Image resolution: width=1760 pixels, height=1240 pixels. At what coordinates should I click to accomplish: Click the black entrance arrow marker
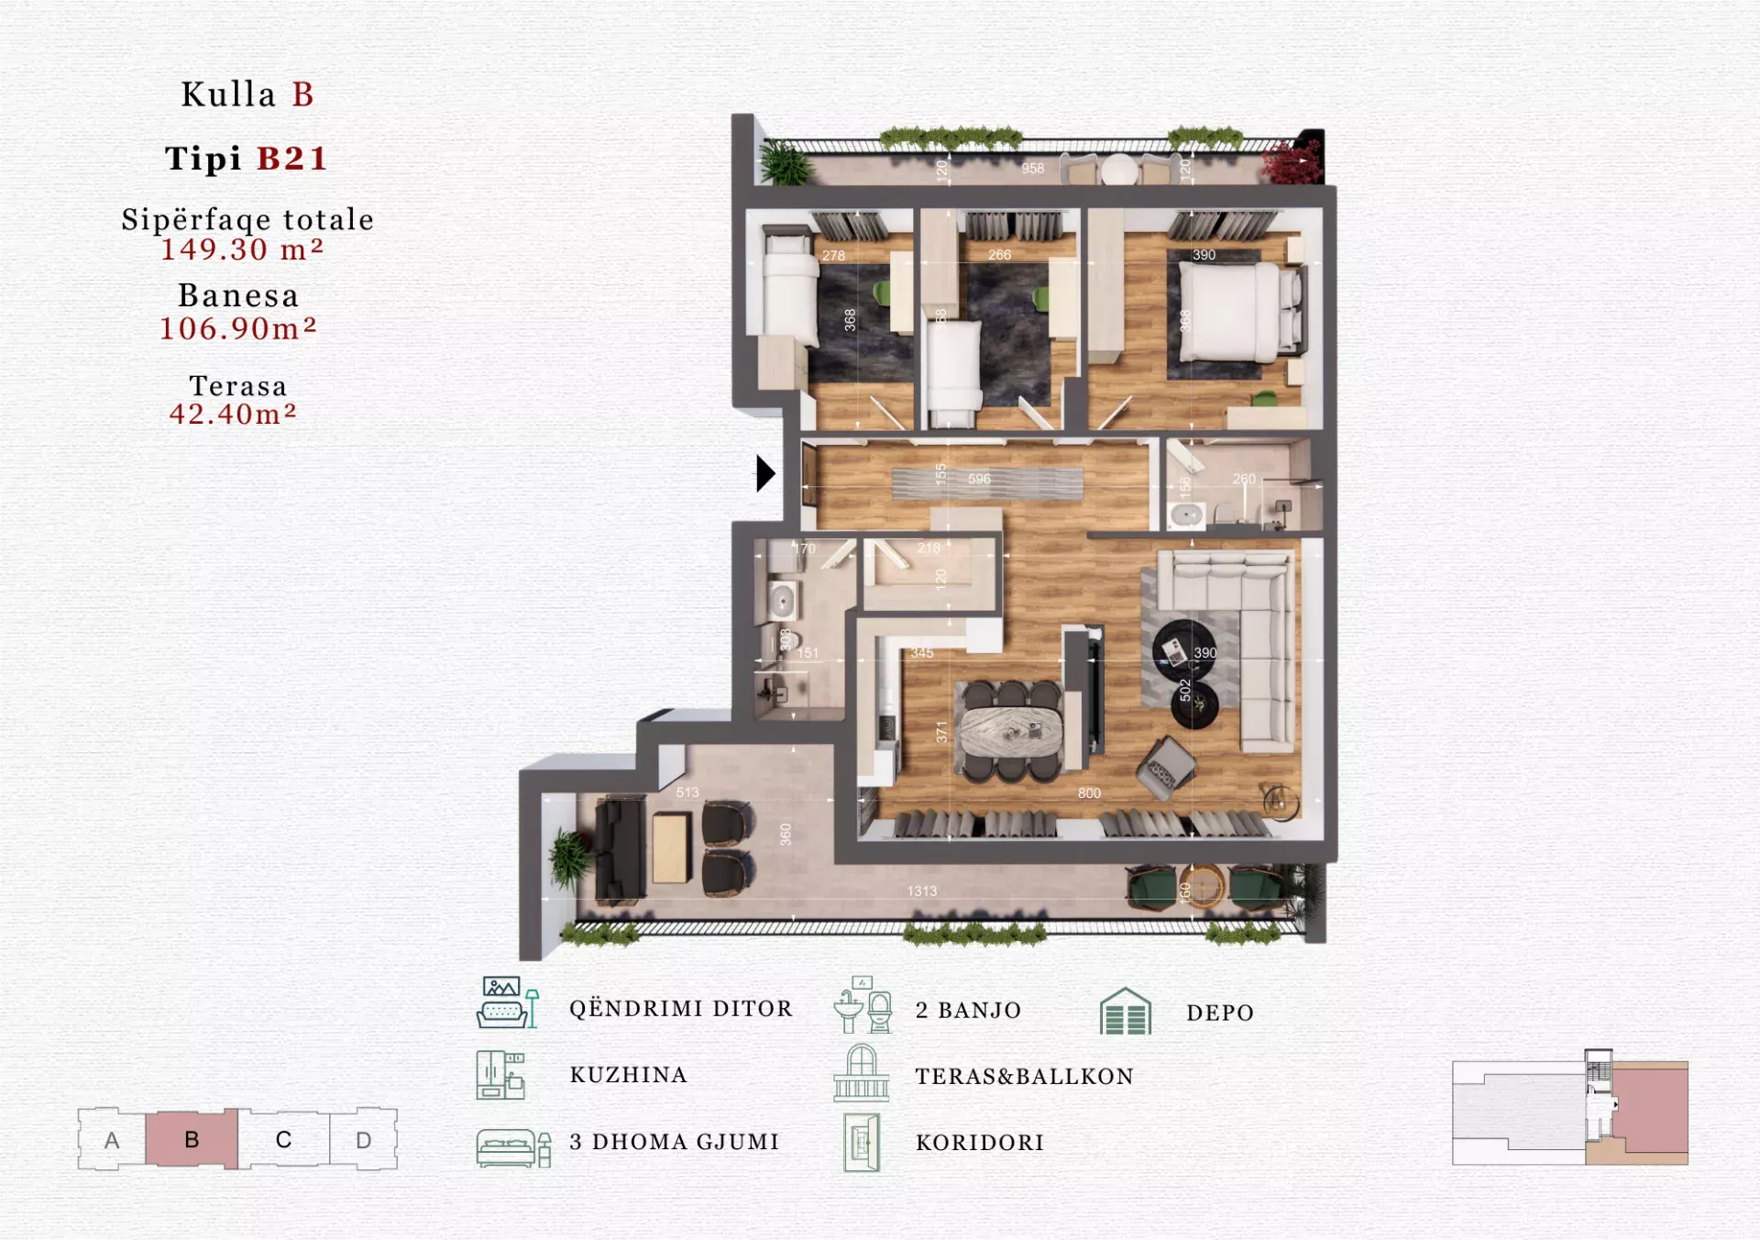(x=765, y=473)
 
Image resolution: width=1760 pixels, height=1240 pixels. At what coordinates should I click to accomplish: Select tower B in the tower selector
(x=192, y=1139)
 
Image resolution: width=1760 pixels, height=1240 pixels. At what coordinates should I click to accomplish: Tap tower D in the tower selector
(x=363, y=1140)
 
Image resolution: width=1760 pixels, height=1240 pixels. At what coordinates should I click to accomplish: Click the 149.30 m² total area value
(x=242, y=249)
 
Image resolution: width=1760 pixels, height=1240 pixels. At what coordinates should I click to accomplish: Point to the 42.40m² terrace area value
(x=233, y=415)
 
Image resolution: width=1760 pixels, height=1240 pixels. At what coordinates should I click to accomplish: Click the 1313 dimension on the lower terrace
(x=922, y=891)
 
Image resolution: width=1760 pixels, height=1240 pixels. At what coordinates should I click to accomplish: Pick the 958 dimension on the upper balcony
(x=1033, y=169)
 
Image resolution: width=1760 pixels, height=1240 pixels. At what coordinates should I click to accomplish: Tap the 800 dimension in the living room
(x=1089, y=793)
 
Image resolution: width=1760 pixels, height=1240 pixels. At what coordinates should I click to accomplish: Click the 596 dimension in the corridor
(x=979, y=479)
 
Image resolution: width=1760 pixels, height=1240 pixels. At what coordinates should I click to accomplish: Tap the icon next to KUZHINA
(x=500, y=1075)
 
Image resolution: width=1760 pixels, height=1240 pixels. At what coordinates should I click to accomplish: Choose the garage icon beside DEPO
(x=1125, y=1012)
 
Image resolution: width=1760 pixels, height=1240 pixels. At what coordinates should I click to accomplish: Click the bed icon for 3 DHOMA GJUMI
(x=512, y=1147)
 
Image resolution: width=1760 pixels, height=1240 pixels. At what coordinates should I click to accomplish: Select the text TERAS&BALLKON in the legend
(x=1024, y=1076)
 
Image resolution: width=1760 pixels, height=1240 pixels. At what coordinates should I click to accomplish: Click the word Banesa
(x=238, y=295)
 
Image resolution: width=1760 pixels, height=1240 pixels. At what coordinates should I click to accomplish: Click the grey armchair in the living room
(x=1165, y=766)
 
